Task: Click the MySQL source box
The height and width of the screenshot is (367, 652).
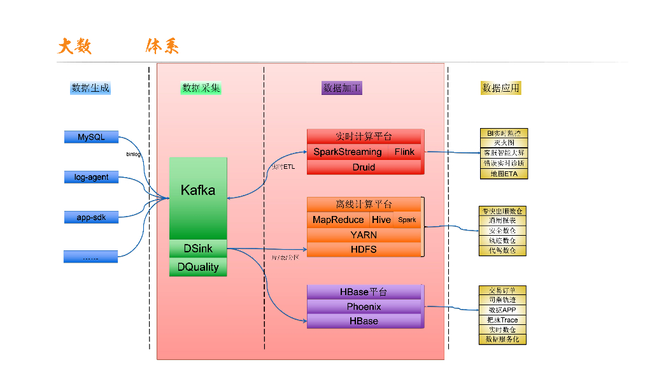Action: [x=91, y=137]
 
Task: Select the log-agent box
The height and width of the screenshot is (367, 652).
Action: [x=91, y=177]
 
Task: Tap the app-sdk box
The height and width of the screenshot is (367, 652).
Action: [x=91, y=217]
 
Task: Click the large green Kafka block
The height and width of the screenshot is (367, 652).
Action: [x=198, y=190]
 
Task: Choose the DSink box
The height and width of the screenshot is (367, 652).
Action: [x=198, y=248]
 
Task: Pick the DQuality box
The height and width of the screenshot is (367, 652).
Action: [x=198, y=267]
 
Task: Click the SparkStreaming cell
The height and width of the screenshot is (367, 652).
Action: [x=348, y=152]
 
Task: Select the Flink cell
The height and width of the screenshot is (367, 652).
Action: [x=404, y=152]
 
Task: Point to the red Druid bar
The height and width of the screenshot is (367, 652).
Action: [x=364, y=167]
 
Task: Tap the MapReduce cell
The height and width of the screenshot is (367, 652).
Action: [x=337, y=220]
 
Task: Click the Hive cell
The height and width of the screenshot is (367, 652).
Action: [x=381, y=220]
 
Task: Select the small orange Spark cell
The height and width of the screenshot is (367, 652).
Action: [x=407, y=220]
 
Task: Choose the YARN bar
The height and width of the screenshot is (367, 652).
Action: [x=364, y=234]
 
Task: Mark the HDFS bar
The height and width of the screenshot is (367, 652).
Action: [x=364, y=249]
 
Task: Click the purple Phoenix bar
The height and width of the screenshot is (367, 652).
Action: [x=364, y=306]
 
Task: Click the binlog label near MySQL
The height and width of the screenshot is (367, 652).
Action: [x=133, y=154]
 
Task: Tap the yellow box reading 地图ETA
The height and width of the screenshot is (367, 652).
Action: [x=504, y=173]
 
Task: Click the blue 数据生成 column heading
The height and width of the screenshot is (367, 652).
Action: [x=90, y=88]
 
